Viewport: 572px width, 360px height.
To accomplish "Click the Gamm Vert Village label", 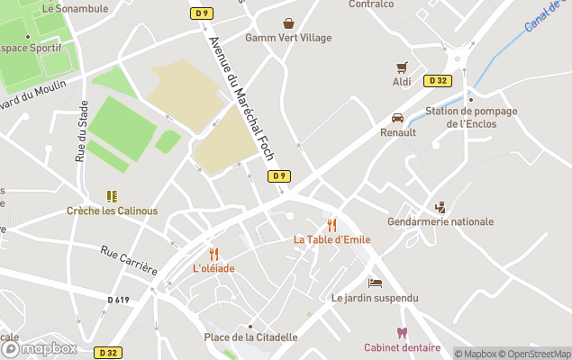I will coord(288,38).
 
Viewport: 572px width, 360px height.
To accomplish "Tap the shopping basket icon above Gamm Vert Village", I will coord(288,22).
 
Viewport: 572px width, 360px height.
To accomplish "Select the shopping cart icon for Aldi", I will coord(402,67).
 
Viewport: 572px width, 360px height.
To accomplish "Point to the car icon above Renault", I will coord(397,118).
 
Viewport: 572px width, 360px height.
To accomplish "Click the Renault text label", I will coord(398,132).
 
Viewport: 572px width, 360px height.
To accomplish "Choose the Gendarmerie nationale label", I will coord(440,221).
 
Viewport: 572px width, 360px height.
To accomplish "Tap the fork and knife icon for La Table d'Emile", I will coord(331,225).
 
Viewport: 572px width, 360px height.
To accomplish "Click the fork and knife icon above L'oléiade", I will coord(213,254).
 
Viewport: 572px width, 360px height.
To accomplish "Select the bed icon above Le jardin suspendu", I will coord(375,283).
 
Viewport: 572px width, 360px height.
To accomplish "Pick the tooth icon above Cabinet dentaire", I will coord(402,333).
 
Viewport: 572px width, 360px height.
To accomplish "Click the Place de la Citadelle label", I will coord(250,337).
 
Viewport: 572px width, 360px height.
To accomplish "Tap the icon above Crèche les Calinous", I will coord(112,196).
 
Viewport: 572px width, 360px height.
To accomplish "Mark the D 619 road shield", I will coord(118,300).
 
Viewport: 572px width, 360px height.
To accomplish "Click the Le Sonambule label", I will coord(68,8).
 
